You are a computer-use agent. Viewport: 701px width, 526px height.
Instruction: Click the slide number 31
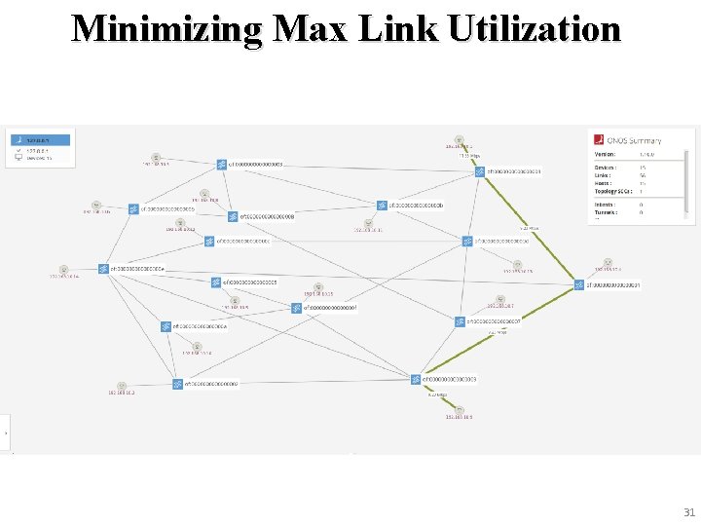coord(689,512)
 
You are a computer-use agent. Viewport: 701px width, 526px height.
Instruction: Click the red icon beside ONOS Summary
coord(600,140)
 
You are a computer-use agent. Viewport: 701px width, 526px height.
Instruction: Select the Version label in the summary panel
coord(605,154)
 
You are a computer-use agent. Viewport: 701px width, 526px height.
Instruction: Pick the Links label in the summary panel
coord(603,175)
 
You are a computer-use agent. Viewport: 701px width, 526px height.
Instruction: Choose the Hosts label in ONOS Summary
coord(604,183)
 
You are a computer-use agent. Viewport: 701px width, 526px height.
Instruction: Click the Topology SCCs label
coord(613,191)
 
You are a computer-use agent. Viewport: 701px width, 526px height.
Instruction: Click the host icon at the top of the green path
coord(459,140)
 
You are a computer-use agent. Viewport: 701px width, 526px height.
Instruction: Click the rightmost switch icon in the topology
coord(579,285)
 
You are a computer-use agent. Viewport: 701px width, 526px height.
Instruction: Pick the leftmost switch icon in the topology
coord(102,269)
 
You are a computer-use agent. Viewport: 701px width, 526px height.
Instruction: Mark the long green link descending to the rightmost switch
coord(530,228)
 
